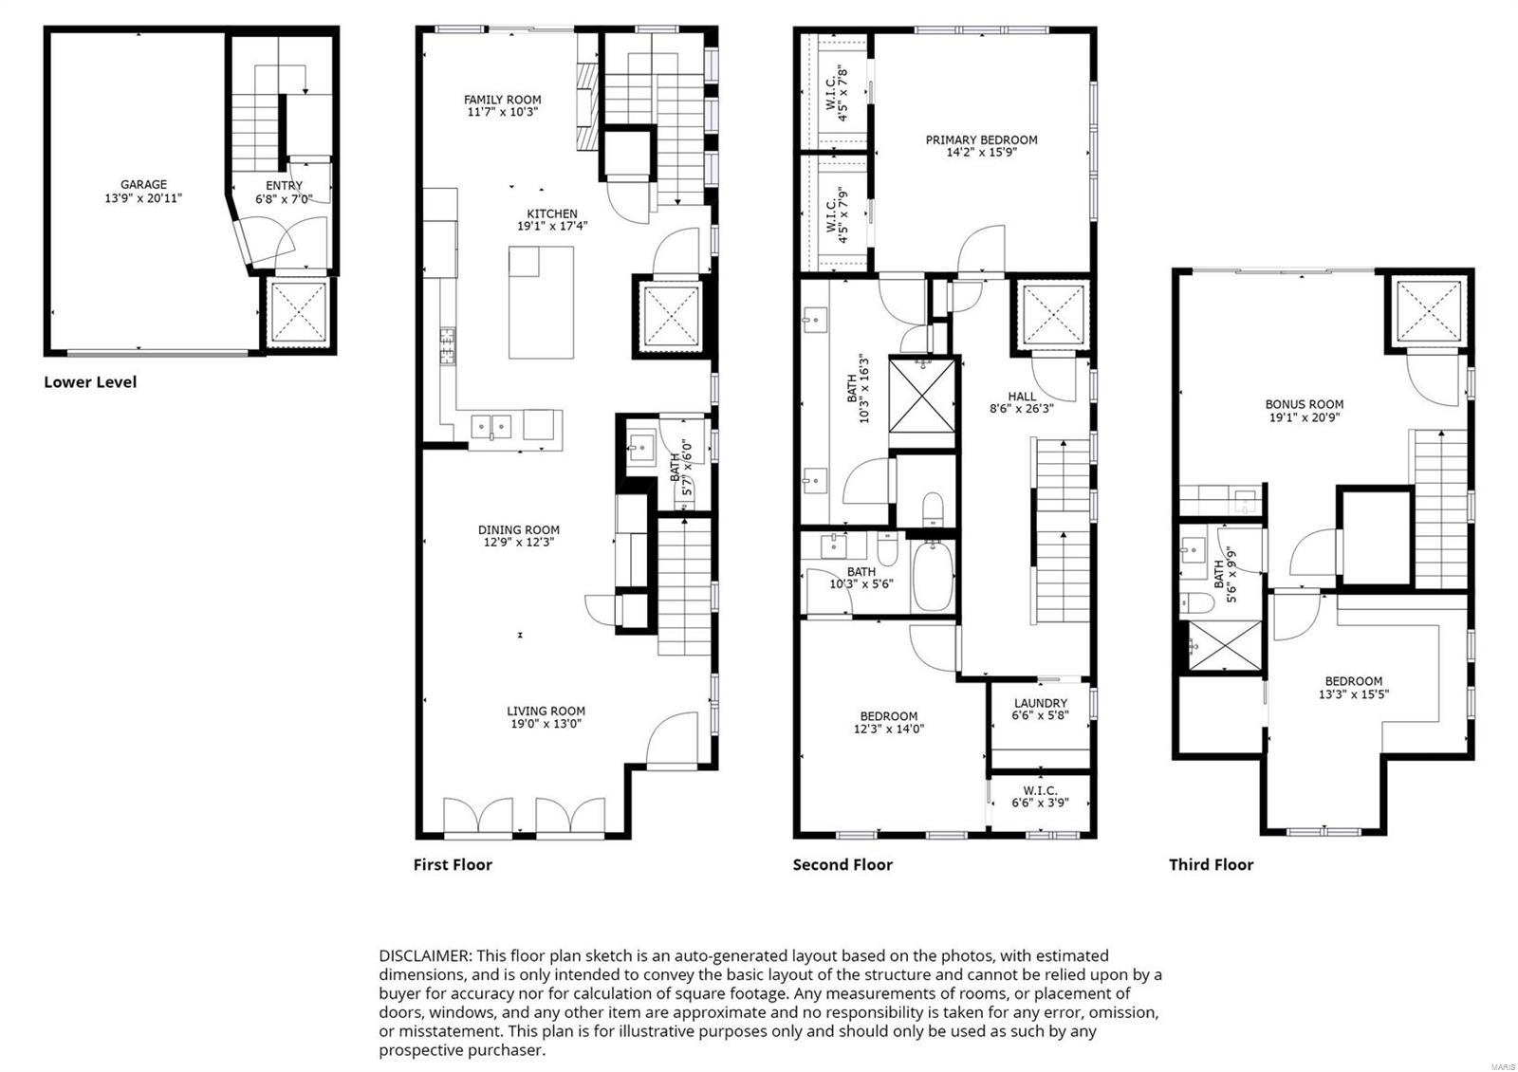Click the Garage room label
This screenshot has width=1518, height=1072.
pos(143,185)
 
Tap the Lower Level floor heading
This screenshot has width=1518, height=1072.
pos(90,382)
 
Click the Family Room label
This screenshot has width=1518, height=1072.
pos(502,100)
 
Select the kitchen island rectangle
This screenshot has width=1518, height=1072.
pos(541,302)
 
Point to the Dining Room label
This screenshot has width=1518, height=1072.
pos(518,530)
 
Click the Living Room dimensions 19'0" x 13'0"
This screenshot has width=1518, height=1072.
pos(546,724)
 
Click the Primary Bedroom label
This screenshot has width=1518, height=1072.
pos(981,140)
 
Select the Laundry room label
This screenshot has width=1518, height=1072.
pos(1040,704)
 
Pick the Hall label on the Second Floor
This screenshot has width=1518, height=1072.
pos(1022,397)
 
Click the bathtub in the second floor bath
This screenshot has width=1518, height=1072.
pos(933,577)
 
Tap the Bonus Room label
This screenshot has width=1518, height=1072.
pos(1304,404)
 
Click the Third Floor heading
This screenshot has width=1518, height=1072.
pos(1211,864)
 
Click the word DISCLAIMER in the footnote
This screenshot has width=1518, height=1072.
pos(424,955)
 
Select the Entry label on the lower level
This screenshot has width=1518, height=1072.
pos(284,186)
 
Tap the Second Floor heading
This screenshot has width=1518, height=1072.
pos(842,864)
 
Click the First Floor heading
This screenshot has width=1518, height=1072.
pos(453,864)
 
